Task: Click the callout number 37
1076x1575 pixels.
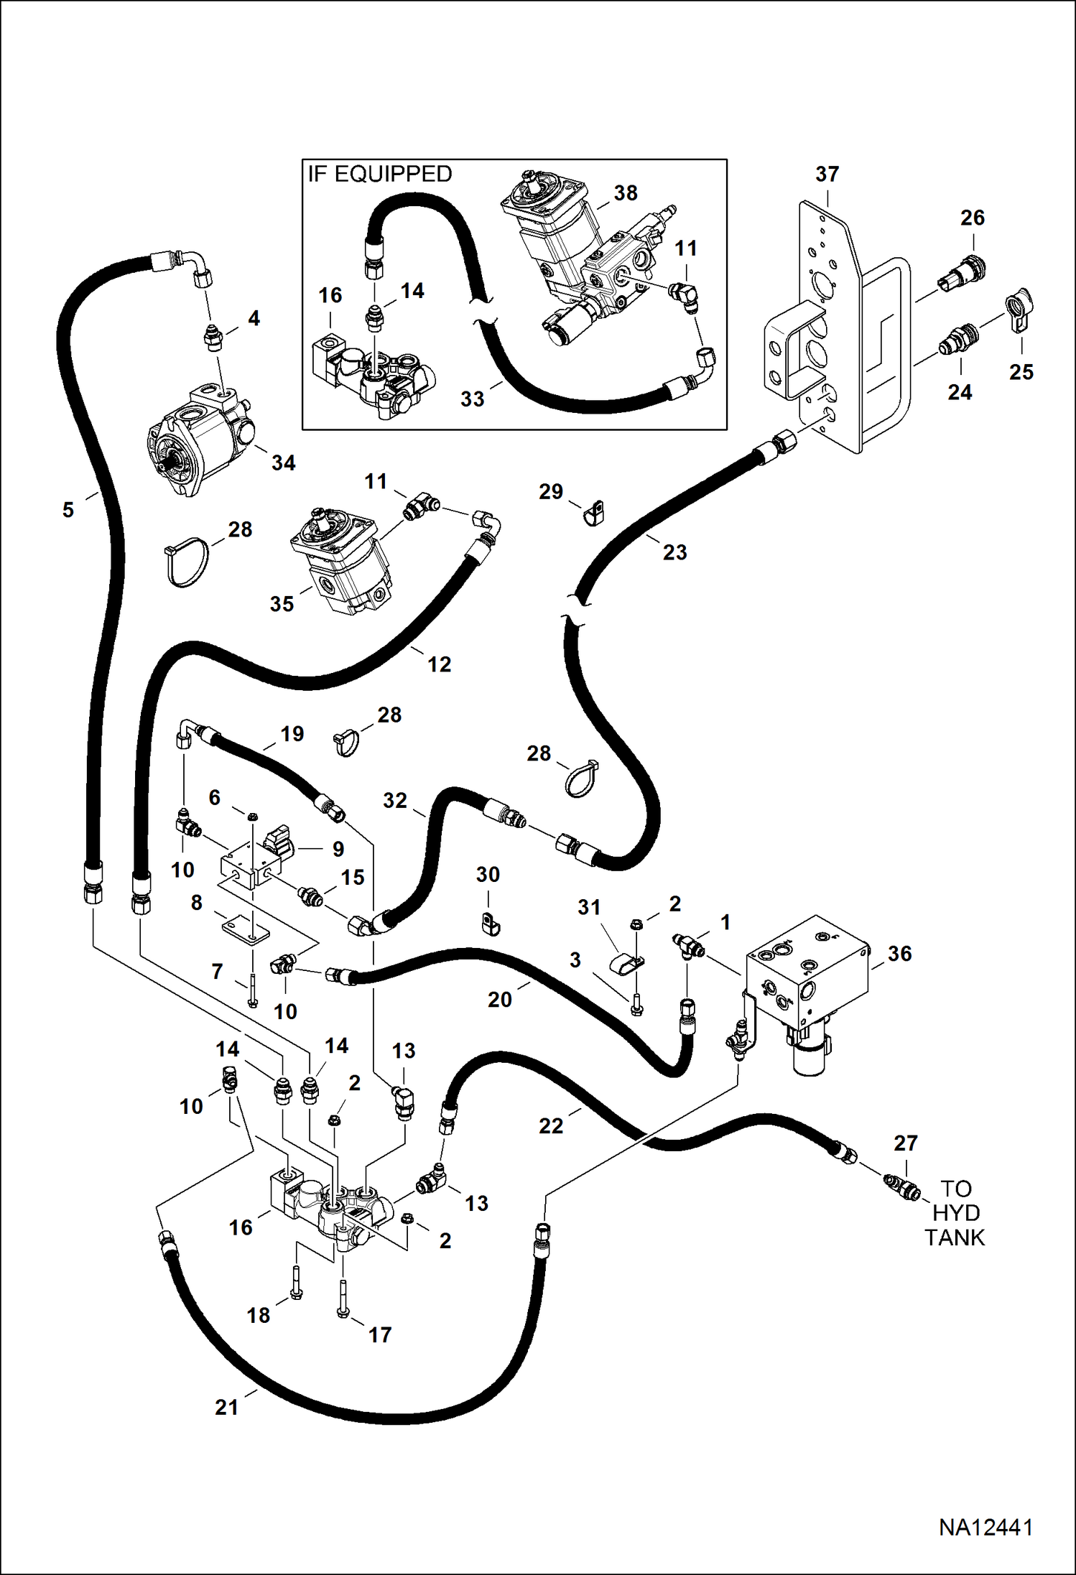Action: (x=827, y=174)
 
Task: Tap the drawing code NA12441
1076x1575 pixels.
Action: (x=985, y=1527)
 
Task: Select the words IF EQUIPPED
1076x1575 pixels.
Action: (x=380, y=174)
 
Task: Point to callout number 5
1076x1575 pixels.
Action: (x=68, y=510)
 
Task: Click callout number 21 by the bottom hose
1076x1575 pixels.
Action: (x=226, y=1406)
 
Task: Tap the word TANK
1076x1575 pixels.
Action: (x=955, y=1237)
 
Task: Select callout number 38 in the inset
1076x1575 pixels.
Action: (x=626, y=193)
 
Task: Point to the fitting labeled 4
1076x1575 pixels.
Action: (x=213, y=338)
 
